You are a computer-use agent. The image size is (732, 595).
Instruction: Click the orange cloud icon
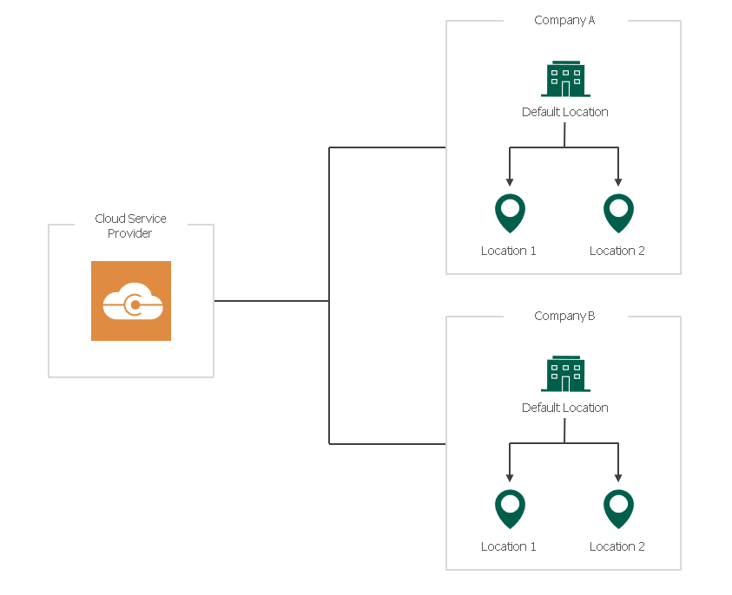pyautogui.click(x=131, y=301)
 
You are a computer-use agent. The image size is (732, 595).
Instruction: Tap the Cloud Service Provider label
pyautogui.click(x=130, y=226)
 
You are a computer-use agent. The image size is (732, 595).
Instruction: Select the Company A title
pyautogui.click(x=564, y=21)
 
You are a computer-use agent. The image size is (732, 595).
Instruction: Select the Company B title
pyautogui.click(x=564, y=317)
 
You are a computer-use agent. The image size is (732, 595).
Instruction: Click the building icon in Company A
pyautogui.click(x=565, y=79)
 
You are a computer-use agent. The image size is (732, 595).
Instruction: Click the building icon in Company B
pyautogui.click(x=565, y=375)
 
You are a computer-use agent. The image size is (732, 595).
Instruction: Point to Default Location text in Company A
pyautogui.click(x=564, y=112)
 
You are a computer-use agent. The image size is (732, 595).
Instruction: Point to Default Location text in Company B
pyautogui.click(x=564, y=408)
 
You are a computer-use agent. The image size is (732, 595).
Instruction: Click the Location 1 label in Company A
pyautogui.click(x=509, y=251)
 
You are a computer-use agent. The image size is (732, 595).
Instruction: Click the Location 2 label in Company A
pyautogui.click(x=617, y=251)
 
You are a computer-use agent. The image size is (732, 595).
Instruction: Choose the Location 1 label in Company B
pyautogui.click(x=509, y=546)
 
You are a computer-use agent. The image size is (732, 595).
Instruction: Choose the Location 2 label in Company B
pyautogui.click(x=617, y=546)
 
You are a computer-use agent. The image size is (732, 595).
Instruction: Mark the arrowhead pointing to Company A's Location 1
pyautogui.click(x=510, y=182)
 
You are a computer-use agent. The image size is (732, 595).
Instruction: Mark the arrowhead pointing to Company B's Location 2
pyautogui.click(x=618, y=478)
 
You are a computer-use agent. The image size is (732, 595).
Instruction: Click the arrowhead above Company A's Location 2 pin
pyautogui.click(x=618, y=182)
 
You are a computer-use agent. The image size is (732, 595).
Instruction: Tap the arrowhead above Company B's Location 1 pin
pyautogui.click(x=510, y=478)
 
